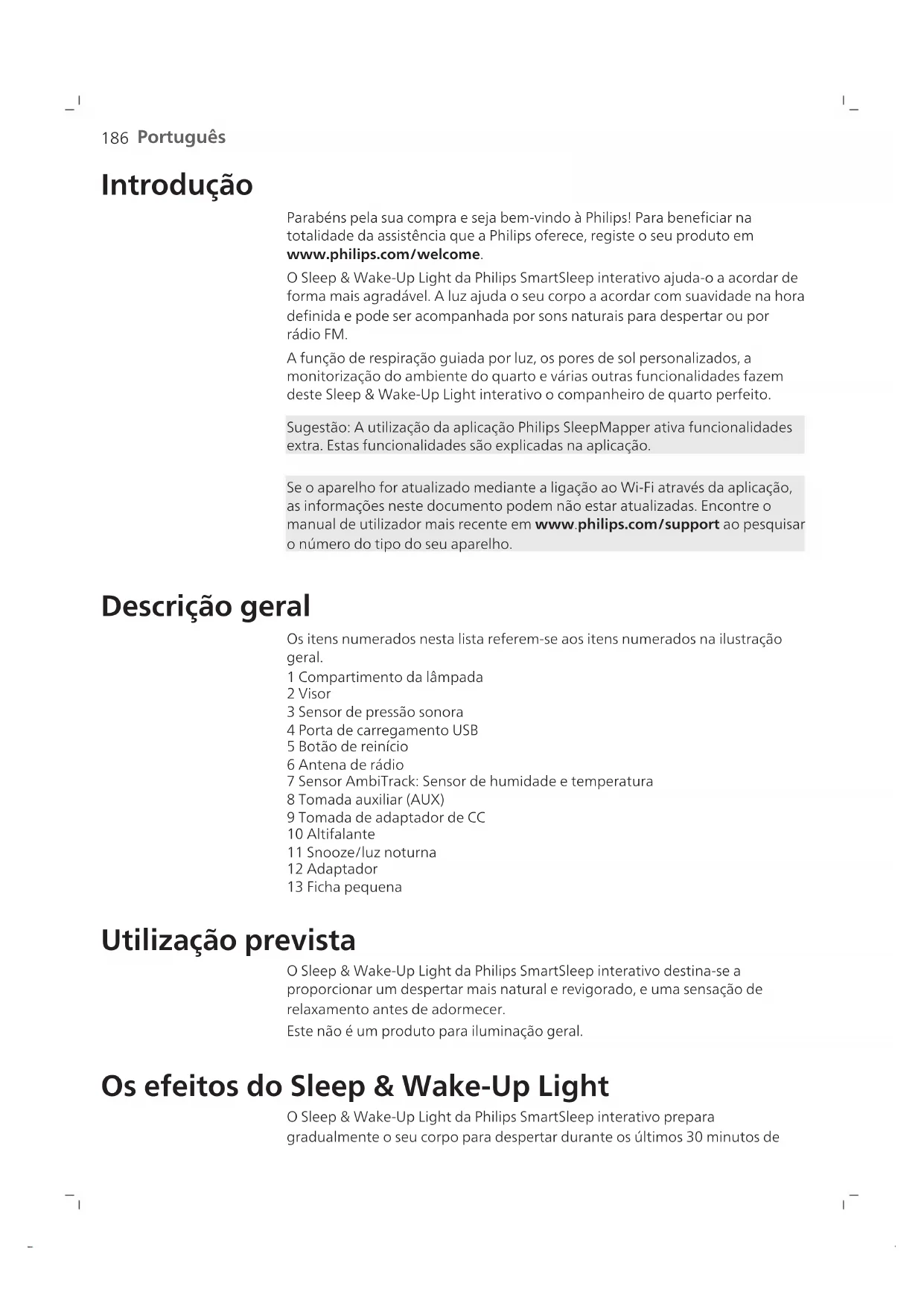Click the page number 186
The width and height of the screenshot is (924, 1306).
[115, 138]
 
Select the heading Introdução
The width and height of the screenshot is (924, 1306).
[177, 185]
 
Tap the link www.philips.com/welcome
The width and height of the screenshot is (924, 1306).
[383, 255]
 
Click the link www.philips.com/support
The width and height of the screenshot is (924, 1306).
[627, 524]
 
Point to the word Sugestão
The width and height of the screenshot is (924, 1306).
[318, 427]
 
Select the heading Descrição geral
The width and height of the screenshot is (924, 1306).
[205, 606]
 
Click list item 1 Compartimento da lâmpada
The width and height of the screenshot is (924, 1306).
[385, 677]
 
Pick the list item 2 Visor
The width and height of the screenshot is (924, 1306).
[309, 694]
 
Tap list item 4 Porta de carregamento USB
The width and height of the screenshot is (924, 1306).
[382, 730]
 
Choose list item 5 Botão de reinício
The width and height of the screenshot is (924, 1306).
[348, 747]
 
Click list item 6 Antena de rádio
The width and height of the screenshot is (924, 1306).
[345, 765]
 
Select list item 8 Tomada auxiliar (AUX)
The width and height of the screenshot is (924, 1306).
[366, 800]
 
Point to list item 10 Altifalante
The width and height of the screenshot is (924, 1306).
[331, 835]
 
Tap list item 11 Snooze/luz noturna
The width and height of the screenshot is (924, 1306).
[362, 853]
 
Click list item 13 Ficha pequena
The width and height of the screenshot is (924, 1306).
[345, 888]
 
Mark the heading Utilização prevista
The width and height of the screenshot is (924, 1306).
[229, 940]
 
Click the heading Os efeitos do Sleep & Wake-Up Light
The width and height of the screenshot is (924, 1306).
[355, 1086]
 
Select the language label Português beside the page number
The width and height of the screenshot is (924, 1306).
[182, 138]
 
